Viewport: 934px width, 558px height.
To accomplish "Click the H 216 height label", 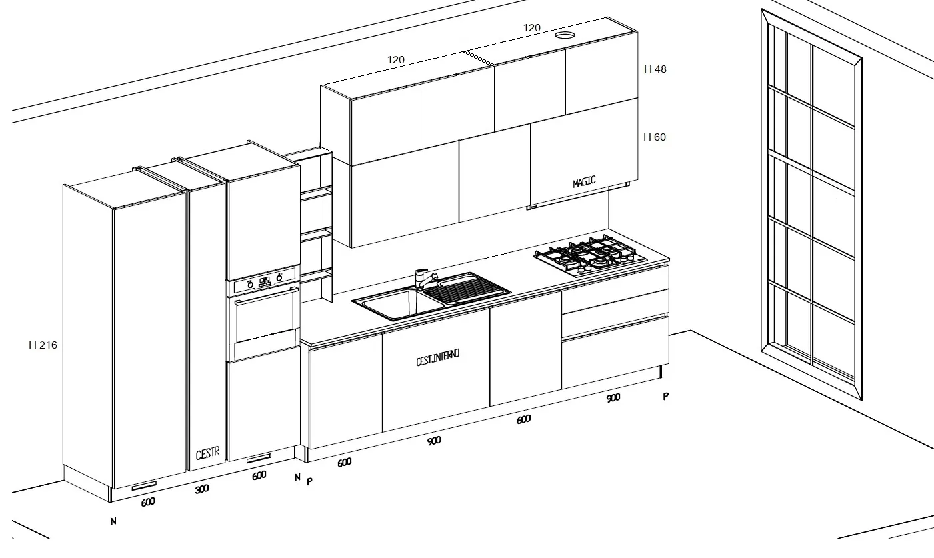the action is (43, 345).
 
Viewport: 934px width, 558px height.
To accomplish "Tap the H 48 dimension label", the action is (655, 69).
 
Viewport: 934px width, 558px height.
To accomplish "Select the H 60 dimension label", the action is (655, 137).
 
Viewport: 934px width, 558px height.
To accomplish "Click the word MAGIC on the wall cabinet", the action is (584, 182).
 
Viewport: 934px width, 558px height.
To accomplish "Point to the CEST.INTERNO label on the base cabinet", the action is (438, 357).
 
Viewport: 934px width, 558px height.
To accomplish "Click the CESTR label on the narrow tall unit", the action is (207, 453).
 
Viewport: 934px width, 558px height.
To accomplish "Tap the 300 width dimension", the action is (202, 489).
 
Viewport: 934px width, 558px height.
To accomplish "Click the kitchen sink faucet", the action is (425, 279).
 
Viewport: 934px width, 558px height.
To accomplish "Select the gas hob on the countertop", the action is (591, 255).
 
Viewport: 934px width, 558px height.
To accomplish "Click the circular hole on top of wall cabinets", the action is (565, 35).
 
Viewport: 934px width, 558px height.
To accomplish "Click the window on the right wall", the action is (811, 205).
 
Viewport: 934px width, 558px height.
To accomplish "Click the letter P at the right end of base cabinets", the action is (666, 397).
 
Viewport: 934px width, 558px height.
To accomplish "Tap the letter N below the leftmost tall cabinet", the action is (113, 521).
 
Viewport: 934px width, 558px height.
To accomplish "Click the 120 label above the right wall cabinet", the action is (531, 28).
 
